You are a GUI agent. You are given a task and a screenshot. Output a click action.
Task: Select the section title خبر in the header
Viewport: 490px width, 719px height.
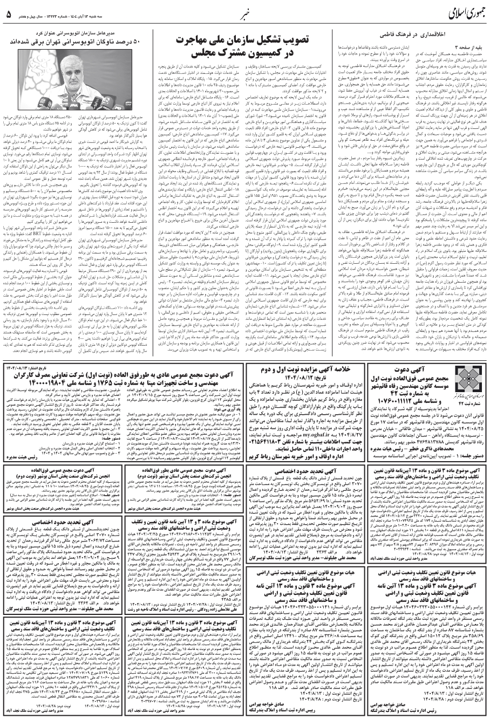click(x=244, y=11)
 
